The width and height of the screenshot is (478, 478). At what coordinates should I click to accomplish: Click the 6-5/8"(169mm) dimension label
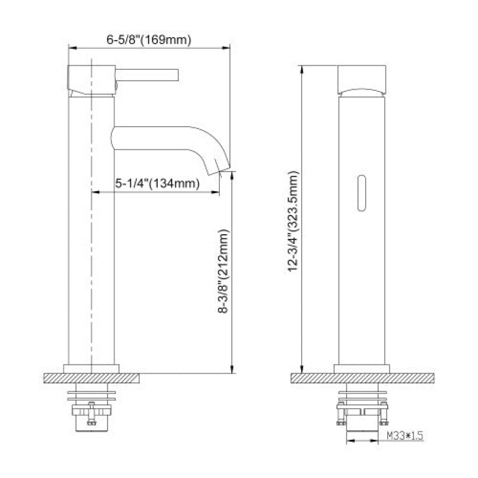click(x=149, y=40)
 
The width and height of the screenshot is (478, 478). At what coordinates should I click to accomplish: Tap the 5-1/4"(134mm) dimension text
click(x=157, y=183)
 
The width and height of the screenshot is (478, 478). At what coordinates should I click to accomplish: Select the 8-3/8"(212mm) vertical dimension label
click(x=223, y=271)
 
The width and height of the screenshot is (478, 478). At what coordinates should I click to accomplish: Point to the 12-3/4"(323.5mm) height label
click(x=293, y=222)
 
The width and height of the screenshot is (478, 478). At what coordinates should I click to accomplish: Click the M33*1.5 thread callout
click(x=405, y=436)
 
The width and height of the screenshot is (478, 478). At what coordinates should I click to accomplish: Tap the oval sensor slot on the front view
click(x=361, y=193)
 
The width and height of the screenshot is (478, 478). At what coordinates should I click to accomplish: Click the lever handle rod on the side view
click(x=146, y=75)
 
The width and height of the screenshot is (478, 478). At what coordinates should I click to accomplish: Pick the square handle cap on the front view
click(x=362, y=80)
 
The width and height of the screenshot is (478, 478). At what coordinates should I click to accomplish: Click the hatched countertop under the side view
click(x=91, y=378)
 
